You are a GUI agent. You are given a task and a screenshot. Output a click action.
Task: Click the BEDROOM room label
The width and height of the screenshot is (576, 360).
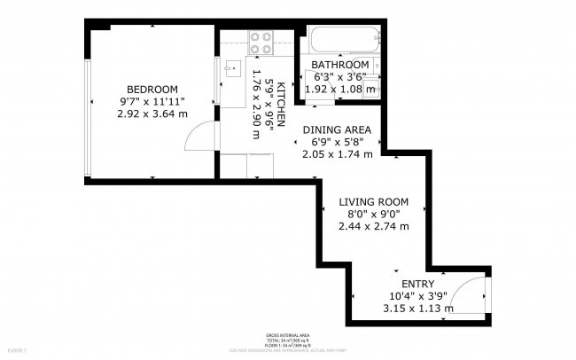click(152, 90)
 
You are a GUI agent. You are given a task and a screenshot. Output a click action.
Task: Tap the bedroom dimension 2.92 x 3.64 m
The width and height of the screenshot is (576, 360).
click(152, 113)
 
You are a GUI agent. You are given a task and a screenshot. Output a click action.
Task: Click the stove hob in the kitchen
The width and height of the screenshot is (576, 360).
click(260, 41)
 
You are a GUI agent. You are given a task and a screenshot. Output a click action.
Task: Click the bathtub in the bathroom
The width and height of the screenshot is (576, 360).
click(345, 42)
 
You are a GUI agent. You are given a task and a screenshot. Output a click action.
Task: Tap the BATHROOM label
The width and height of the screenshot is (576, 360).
click(339, 65)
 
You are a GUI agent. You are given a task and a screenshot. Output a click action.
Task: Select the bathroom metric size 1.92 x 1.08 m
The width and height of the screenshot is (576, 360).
click(340, 89)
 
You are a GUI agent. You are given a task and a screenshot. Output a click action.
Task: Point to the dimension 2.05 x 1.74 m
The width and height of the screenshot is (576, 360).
click(338, 153)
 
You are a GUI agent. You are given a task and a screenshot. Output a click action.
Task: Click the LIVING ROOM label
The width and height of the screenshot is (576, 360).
click(373, 202)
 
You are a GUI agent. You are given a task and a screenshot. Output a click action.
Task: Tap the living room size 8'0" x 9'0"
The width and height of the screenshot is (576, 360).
click(373, 214)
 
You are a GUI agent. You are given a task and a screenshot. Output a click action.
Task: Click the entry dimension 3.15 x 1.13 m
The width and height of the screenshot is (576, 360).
click(417, 309)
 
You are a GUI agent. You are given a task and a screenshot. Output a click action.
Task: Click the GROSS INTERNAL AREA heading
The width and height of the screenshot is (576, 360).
click(286, 334)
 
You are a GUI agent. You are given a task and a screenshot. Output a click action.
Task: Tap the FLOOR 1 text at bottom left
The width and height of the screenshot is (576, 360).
click(12, 352)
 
